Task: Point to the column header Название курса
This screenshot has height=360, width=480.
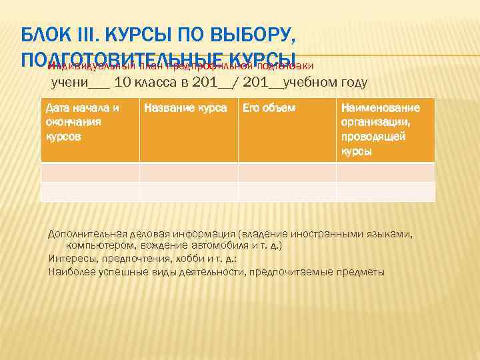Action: click(185, 108)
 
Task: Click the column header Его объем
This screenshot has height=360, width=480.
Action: click(269, 108)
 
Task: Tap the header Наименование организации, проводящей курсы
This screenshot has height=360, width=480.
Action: click(381, 129)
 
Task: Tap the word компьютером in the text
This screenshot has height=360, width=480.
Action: click(94, 245)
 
